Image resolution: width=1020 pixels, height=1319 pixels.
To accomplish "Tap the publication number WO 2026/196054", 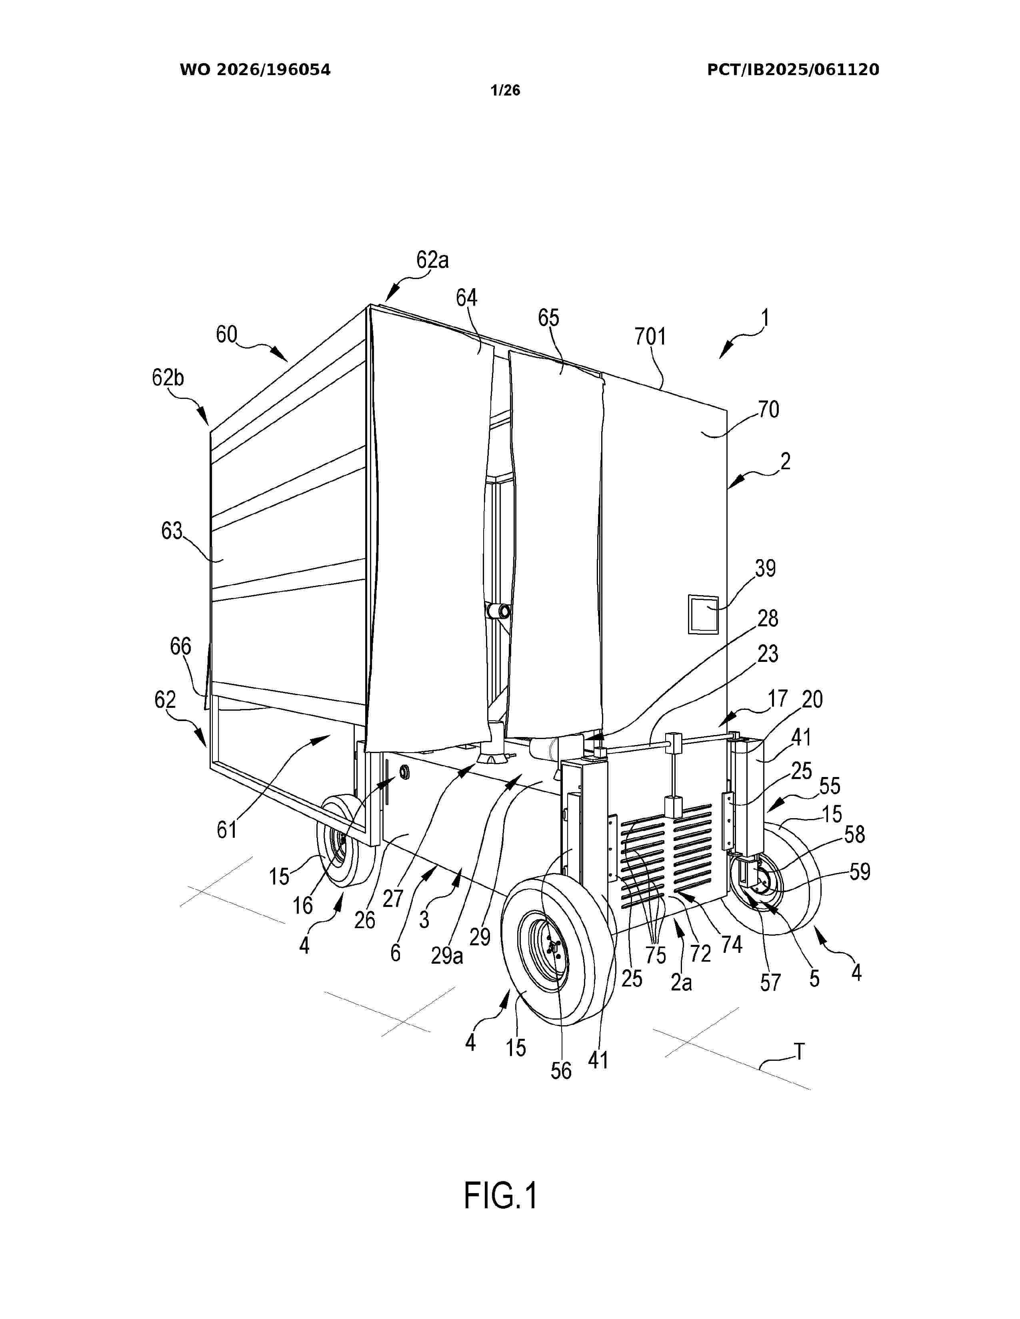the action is click(255, 70).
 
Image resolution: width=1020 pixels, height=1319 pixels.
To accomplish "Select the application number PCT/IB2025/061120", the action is click(793, 70).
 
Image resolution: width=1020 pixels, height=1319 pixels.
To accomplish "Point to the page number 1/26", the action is click(505, 91).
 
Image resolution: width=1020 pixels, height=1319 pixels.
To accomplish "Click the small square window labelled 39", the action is click(703, 614).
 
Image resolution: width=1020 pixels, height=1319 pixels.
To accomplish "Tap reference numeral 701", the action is click(650, 337).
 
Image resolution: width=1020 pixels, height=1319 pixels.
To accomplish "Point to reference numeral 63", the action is click(172, 530).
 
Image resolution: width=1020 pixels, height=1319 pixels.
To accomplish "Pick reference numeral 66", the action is click(180, 646).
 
